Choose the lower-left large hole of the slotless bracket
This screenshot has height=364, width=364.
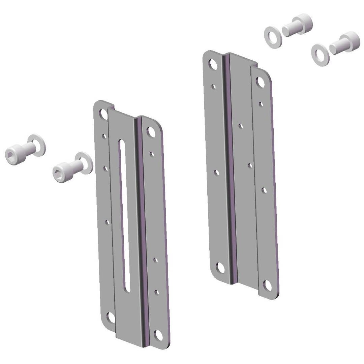220,268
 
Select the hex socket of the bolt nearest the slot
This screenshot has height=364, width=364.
58,172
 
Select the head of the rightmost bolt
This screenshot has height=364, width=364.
351,39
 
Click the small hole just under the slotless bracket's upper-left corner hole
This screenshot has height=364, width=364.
213,87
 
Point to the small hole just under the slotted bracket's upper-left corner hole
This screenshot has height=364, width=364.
104,136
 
